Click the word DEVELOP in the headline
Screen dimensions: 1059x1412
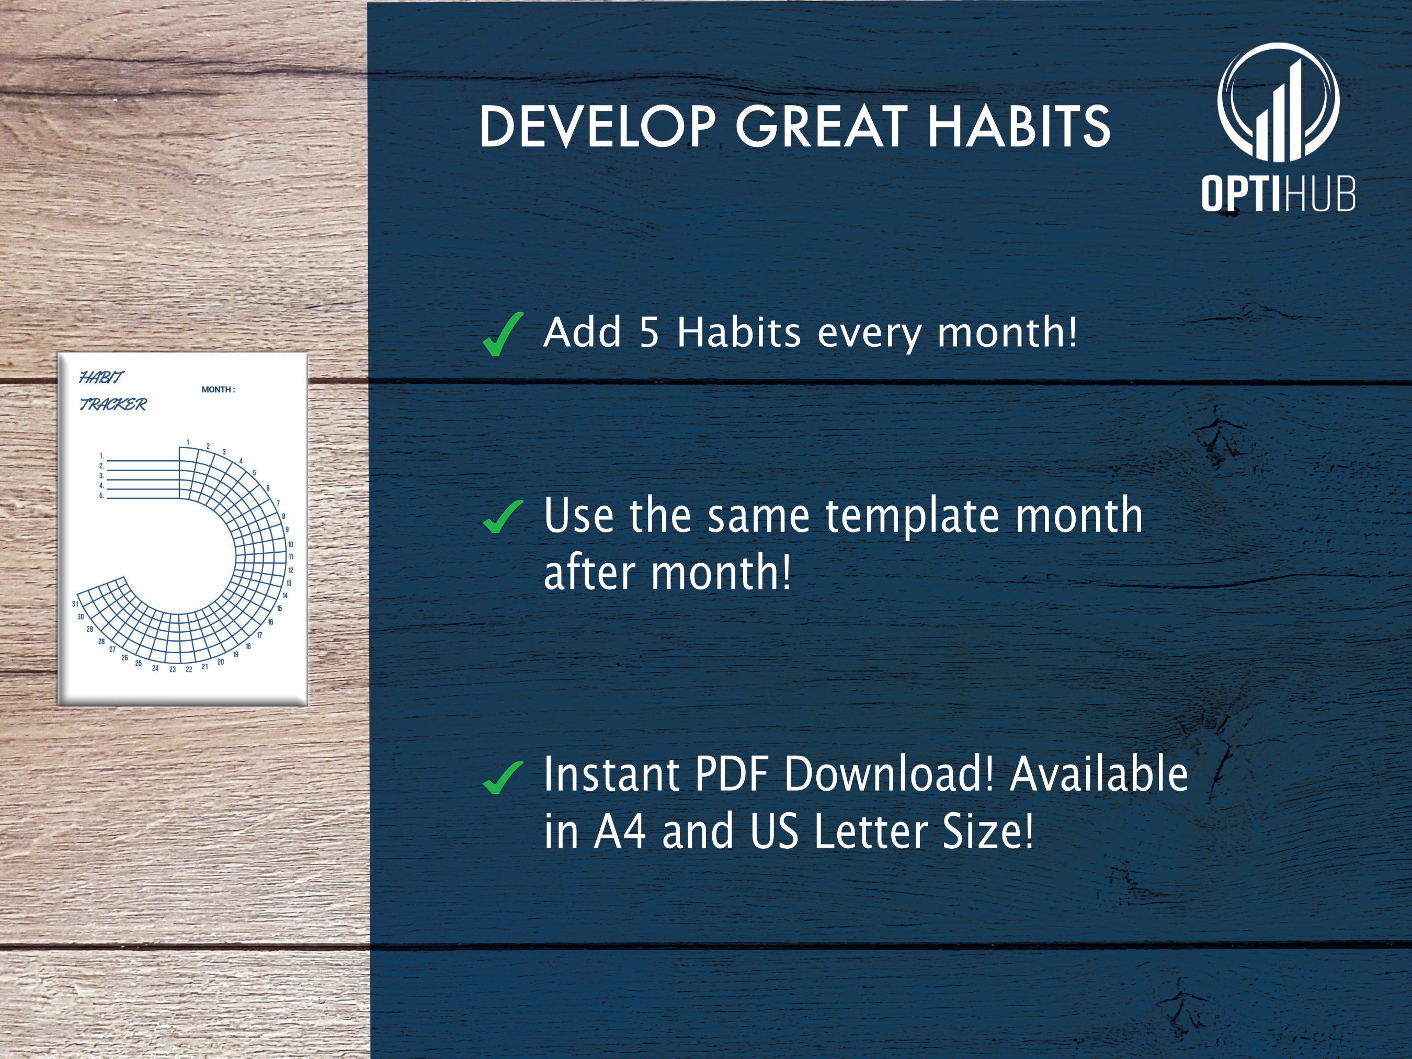tap(597, 127)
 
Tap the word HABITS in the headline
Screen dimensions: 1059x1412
tap(1019, 127)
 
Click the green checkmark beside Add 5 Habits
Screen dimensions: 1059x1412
tap(503, 334)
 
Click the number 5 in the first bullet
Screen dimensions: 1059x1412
tap(648, 333)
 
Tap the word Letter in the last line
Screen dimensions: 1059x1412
tap(871, 832)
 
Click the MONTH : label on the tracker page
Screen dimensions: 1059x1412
tap(218, 390)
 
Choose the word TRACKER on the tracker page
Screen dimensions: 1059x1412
tap(113, 404)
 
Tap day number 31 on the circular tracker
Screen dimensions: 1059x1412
tap(75, 603)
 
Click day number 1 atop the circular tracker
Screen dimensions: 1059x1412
tap(188, 442)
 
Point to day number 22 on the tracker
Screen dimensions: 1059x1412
tap(189, 669)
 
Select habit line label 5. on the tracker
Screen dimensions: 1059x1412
tap(101, 495)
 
